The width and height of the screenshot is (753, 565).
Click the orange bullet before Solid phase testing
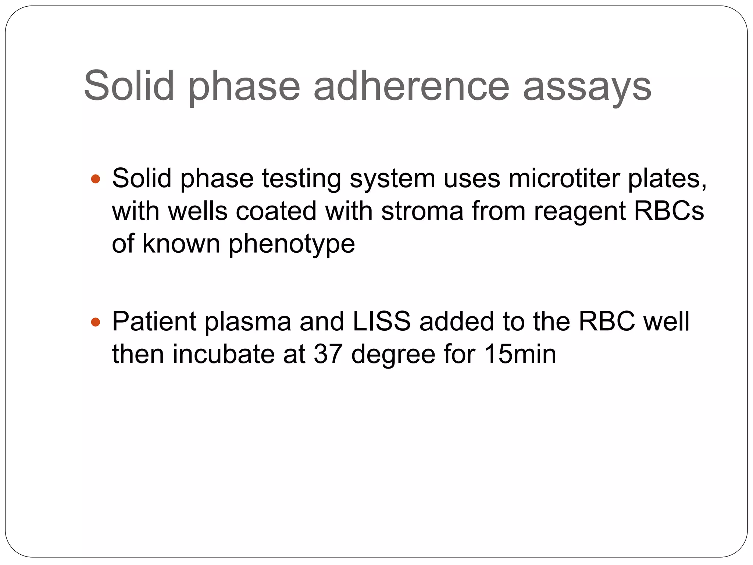coord(95,179)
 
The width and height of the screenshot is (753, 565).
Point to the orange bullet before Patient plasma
coord(95,322)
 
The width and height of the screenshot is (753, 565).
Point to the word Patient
coord(154,321)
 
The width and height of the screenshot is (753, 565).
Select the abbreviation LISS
coord(381,321)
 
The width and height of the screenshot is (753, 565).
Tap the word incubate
coord(224,354)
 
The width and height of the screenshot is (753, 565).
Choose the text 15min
coord(520,354)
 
